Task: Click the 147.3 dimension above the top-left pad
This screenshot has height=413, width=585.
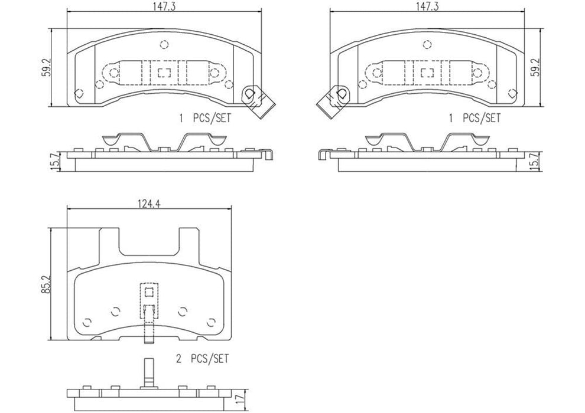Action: pyautogui.click(x=164, y=6)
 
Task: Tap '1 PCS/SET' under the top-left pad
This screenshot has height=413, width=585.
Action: pyautogui.click(x=204, y=118)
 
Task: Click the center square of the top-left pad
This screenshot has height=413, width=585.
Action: pyautogui.click(x=164, y=73)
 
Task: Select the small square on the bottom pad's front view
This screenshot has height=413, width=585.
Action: pyautogui.click(x=149, y=292)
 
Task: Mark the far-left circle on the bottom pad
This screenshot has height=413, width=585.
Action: pyautogui.click(x=87, y=322)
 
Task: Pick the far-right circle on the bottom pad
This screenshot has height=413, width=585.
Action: pyautogui.click(x=211, y=322)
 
